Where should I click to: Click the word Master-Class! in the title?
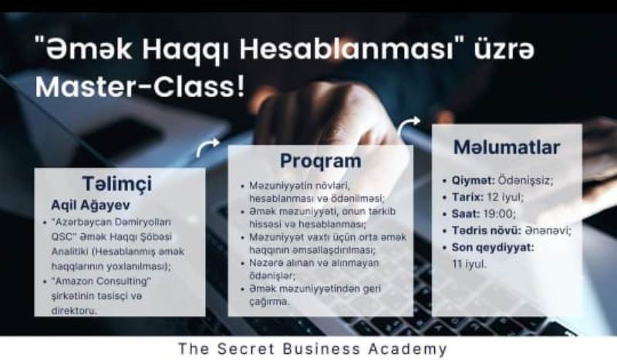click(x=140, y=87)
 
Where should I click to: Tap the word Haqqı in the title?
click(x=184, y=51)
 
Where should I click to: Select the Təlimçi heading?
click(x=117, y=183)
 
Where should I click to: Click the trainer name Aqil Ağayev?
click(x=90, y=205)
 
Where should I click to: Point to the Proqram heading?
click(x=320, y=161)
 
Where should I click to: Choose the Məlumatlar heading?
click(x=507, y=147)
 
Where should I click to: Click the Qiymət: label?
click(x=473, y=180)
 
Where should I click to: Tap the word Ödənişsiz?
click(x=524, y=180)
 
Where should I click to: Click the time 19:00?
click(x=497, y=214)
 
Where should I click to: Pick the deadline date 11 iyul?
click(x=469, y=264)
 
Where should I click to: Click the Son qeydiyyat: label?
click(x=493, y=247)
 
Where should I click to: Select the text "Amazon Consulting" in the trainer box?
click(x=101, y=281)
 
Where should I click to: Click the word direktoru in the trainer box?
click(x=73, y=311)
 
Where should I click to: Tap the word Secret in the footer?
click(x=245, y=349)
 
